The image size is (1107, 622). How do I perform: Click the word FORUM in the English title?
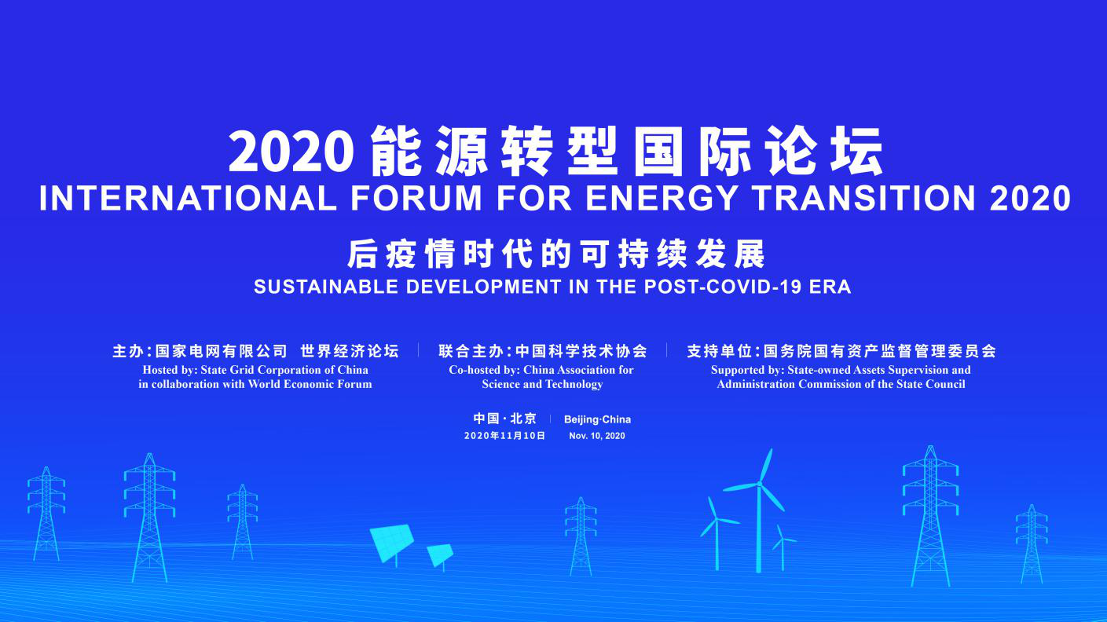pyautogui.click(x=416, y=198)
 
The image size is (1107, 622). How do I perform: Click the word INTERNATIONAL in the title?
pyautogui.click(x=188, y=198)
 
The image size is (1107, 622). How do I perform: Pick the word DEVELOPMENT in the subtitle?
pyautogui.click(x=484, y=287)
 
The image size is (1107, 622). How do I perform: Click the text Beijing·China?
pyautogui.click(x=597, y=419)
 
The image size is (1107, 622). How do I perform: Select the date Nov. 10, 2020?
pyautogui.click(x=597, y=436)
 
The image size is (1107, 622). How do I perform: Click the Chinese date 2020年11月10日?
pyautogui.click(x=504, y=436)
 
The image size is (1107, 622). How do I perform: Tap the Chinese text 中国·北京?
pyautogui.click(x=504, y=419)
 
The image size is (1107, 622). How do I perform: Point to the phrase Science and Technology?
pyautogui.click(x=542, y=384)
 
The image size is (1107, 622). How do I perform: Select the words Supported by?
pyautogui.click(x=747, y=370)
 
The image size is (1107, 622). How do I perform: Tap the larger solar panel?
pyautogui.click(x=392, y=542)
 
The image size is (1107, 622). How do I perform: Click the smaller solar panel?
pyautogui.click(x=440, y=555)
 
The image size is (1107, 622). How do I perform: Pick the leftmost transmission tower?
pyautogui.click(x=46, y=514)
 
